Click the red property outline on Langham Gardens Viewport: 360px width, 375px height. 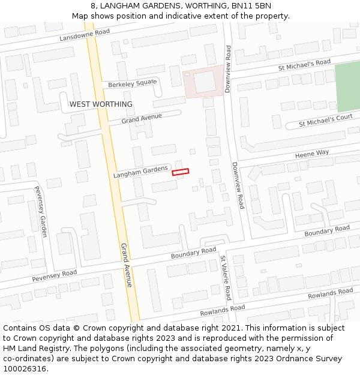click(x=181, y=172)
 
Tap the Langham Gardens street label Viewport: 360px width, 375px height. click(x=140, y=172)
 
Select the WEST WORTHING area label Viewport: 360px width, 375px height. click(x=101, y=104)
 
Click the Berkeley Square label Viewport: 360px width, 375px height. click(x=132, y=83)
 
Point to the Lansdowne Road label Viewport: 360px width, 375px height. click(x=85, y=35)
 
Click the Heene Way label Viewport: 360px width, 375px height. click(x=312, y=154)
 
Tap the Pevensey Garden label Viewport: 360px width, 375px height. click(x=40, y=212)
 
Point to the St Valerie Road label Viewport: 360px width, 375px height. click(x=225, y=278)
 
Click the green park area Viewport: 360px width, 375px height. click(x=347, y=87)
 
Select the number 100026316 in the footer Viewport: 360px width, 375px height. click(x=25, y=368)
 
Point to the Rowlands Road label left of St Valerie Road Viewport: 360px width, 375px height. click(x=223, y=310)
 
